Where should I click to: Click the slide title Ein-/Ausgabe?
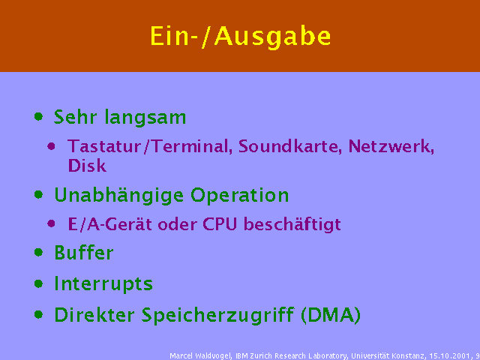click(240, 36)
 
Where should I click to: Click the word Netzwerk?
click(391, 146)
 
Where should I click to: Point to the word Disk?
click(87, 166)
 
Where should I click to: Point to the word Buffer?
click(83, 253)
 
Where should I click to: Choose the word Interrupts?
click(103, 284)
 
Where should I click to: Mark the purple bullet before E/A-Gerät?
click(52, 223)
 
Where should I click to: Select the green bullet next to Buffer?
click(38, 253)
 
